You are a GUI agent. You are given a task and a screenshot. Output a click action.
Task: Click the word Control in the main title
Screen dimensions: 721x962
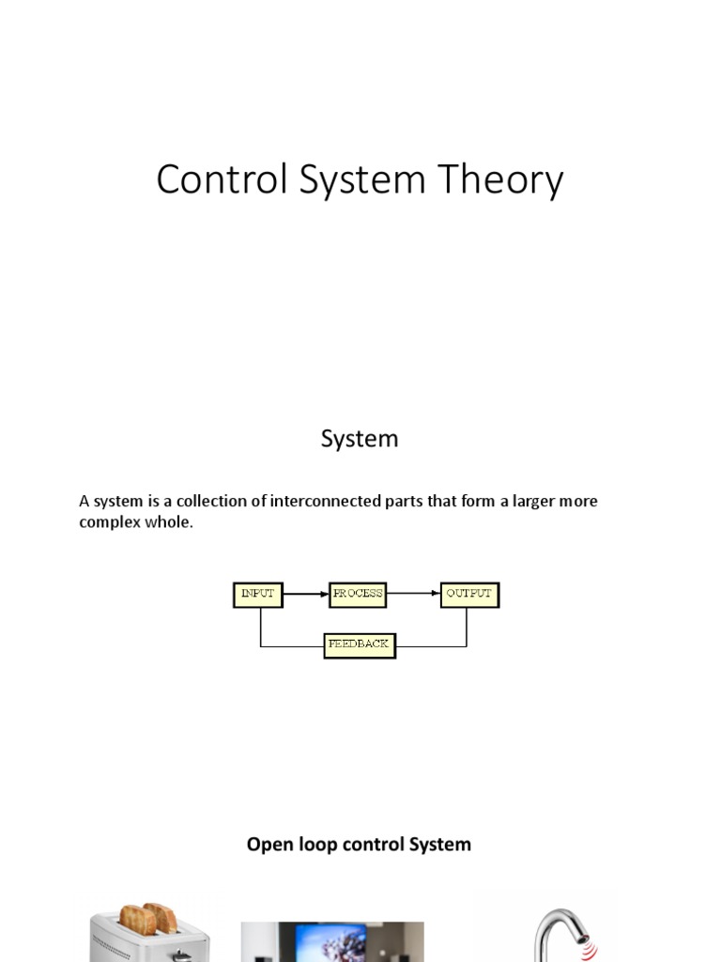(x=221, y=179)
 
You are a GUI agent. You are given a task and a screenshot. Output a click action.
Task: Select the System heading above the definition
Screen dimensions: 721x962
(x=360, y=439)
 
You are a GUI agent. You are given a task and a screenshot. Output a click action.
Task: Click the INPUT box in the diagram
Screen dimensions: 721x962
(x=257, y=595)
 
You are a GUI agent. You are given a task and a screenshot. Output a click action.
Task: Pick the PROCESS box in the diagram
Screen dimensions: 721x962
(x=358, y=595)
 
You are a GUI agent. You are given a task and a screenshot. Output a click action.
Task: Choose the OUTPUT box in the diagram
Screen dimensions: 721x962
(x=469, y=595)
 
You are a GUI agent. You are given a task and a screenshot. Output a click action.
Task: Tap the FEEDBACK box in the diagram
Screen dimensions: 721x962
(x=360, y=645)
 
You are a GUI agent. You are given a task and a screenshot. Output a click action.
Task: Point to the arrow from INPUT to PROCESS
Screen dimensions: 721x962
(x=306, y=595)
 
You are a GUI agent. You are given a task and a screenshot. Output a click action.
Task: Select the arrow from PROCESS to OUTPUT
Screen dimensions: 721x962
(x=414, y=595)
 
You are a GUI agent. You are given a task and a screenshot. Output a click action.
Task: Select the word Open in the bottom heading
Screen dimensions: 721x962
(x=266, y=845)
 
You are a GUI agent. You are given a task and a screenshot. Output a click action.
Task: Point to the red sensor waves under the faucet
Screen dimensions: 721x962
(x=588, y=950)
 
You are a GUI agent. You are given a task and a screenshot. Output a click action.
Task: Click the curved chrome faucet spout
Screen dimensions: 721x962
(x=550, y=925)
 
